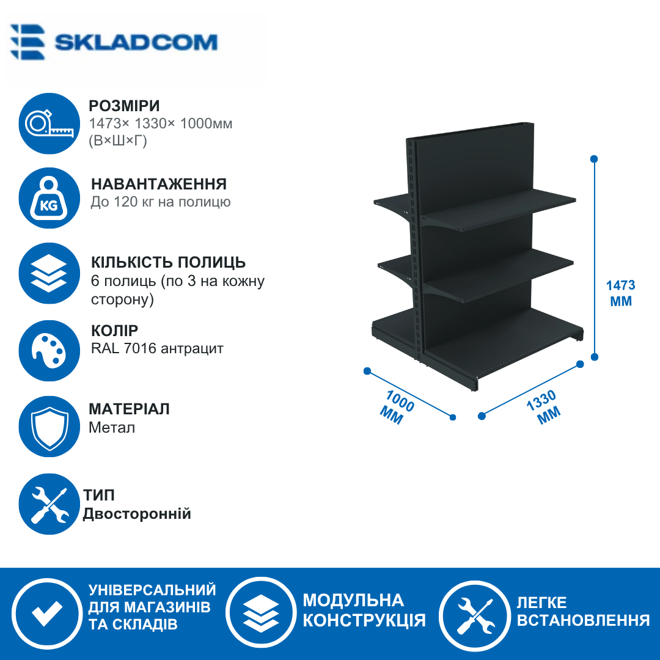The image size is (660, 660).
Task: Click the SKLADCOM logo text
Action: coord(136,43)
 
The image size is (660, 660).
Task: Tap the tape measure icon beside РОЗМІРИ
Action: coord(50,123)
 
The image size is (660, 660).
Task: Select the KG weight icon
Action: coord(50,198)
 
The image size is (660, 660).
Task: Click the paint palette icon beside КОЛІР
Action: coord(50,351)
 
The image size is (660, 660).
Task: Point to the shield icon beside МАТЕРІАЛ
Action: coord(50,427)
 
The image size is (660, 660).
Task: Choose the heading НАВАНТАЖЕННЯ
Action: coord(159,184)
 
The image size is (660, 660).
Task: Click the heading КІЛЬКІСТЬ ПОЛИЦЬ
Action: coord(169,262)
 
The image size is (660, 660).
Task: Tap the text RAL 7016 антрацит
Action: coord(157,348)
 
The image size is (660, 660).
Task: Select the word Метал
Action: coord(112,428)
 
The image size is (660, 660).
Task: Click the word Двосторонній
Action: coord(137,514)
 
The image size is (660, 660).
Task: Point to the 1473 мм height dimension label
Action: coord(621,293)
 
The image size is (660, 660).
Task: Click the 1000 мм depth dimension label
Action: coord(396,407)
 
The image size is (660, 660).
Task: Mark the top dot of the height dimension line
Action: coord(595,159)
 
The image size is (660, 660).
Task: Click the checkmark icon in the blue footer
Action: coord(47,614)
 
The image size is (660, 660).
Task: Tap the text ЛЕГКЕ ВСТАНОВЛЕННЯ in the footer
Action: coord(583,611)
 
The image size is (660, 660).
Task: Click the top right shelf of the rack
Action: coord(499,209)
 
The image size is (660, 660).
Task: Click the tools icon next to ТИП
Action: coord(50,504)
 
